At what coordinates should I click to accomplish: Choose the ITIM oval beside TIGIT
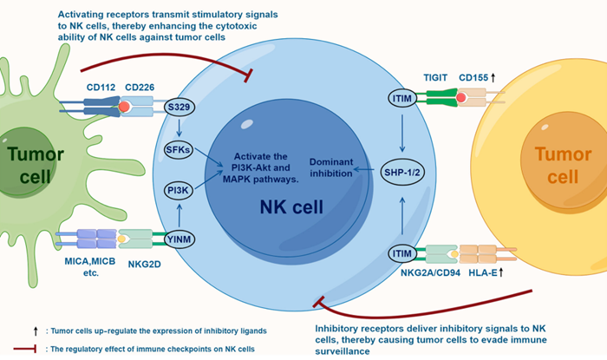pos(401,101)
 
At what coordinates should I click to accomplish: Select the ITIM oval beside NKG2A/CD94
pos(401,253)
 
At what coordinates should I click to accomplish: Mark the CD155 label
pos(474,77)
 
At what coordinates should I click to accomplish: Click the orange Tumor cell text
pos(544,167)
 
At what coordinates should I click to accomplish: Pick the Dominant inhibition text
pos(340,166)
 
